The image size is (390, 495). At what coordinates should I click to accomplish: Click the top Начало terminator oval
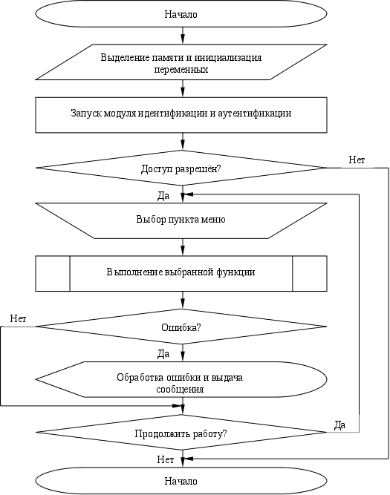(181, 14)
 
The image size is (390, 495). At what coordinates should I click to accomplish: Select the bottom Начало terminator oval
(181, 481)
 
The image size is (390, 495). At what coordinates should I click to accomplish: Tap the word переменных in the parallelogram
(181, 69)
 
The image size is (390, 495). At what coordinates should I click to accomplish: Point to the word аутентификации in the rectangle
(255, 113)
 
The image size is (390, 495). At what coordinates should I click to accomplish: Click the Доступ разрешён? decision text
(181, 169)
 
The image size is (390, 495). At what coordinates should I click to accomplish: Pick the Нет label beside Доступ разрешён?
(357, 160)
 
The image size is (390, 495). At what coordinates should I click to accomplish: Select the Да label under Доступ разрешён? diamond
(163, 196)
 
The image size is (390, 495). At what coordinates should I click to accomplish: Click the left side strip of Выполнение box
(53, 273)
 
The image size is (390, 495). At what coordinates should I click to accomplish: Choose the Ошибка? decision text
(181, 327)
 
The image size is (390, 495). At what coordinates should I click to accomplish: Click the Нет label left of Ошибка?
(18, 318)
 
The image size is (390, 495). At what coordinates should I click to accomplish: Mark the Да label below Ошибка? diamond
(163, 354)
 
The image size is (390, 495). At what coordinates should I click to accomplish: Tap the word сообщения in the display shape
(180, 389)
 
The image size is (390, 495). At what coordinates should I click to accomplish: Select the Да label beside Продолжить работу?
(339, 425)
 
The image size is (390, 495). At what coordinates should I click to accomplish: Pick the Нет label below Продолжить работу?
(166, 459)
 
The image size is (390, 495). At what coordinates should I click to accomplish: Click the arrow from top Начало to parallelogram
(183, 36)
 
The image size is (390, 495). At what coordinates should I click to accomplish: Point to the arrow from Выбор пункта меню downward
(183, 247)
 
